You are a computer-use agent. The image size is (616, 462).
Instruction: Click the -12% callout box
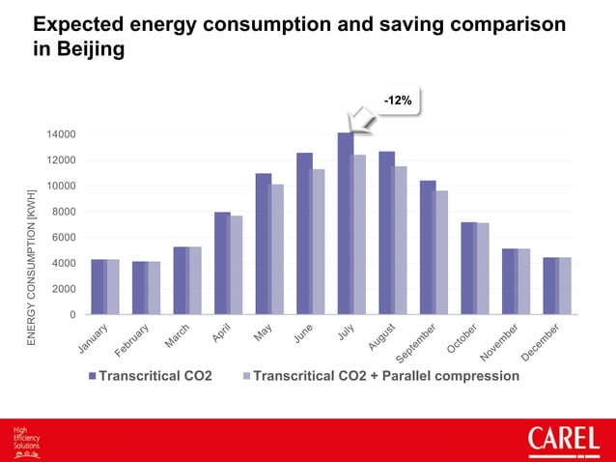tap(397, 100)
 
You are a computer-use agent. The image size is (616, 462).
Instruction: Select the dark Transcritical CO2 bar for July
tap(345, 223)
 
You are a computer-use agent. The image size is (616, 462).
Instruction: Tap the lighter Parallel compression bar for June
tap(318, 242)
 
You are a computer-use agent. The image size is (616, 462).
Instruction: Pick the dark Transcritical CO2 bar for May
tap(263, 244)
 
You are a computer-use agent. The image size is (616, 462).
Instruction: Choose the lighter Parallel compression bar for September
tap(441, 252)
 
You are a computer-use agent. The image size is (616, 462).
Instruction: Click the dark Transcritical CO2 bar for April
tap(222, 263)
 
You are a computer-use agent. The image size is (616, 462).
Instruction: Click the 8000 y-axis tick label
tap(64, 212)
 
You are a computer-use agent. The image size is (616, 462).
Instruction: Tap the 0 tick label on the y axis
tap(71, 314)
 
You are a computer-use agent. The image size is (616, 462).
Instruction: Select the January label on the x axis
tap(93, 339)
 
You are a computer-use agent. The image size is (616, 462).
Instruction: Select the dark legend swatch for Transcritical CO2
tap(93, 376)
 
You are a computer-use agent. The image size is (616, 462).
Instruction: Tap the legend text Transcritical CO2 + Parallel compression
tap(385, 376)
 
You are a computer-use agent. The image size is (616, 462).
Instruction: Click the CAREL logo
tap(563, 441)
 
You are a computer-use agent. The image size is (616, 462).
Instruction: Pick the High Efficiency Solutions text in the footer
tap(26, 440)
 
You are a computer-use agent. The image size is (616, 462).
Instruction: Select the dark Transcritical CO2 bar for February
tap(140, 288)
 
